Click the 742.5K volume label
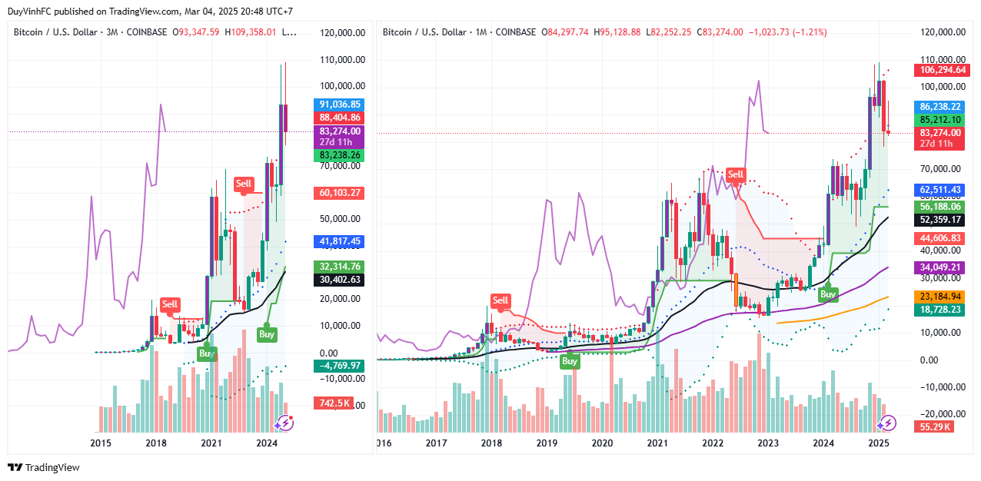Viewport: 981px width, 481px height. [x=332, y=403]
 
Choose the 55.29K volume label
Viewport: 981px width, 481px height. [x=932, y=426]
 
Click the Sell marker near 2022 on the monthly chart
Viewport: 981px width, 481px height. [x=736, y=174]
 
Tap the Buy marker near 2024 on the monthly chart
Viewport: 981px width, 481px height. [x=828, y=294]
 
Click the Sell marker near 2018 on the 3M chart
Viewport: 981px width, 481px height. [x=170, y=304]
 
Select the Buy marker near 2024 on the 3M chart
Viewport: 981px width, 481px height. [x=267, y=334]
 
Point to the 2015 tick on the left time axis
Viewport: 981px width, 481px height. [x=101, y=443]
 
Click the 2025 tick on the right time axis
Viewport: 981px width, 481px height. [x=879, y=443]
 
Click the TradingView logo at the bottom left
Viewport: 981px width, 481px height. [x=44, y=467]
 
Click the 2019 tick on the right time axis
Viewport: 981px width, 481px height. [x=547, y=443]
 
